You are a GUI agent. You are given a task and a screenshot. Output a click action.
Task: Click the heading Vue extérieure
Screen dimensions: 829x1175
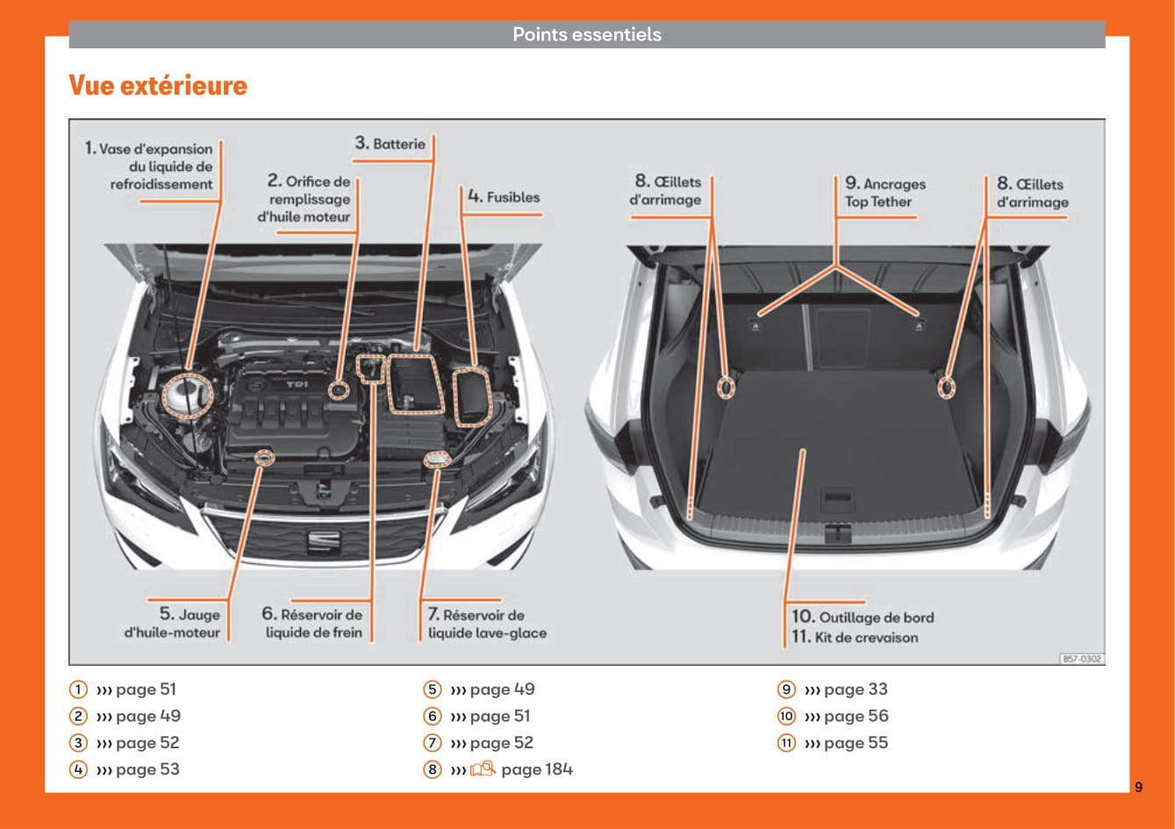(x=158, y=86)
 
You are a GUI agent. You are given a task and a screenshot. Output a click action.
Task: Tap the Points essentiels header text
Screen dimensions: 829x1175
(x=586, y=35)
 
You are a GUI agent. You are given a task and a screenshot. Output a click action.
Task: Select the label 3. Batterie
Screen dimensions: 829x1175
(x=390, y=144)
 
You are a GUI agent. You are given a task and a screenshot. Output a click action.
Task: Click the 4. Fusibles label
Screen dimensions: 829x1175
(x=504, y=197)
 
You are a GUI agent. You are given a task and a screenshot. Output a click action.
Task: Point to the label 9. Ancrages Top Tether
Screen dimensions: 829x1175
(x=885, y=193)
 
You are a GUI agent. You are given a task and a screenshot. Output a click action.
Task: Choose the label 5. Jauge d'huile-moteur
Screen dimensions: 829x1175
(x=174, y=624)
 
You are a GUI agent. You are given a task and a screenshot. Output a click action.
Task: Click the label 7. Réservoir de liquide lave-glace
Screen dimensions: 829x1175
(x=486, y=624)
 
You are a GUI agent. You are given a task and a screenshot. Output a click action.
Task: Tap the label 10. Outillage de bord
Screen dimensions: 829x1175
(x=863, y=617)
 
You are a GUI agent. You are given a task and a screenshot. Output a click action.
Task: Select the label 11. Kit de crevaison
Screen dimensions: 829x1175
(x=855, y=638)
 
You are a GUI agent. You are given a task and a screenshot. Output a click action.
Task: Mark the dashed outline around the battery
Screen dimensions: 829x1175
(x=416, y=383)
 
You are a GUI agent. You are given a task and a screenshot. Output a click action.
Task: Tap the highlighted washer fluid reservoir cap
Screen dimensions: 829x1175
(x=436, y=459)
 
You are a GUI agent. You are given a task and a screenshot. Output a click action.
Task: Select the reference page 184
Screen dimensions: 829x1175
(x=536, y=769)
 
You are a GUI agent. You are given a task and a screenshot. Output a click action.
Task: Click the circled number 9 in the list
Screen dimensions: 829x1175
(x=786, y=690)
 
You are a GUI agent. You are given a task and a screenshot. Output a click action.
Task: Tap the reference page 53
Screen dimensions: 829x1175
(x=147, y=769)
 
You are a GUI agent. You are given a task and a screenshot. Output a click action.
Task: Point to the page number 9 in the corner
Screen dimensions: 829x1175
(x=1138, y=787)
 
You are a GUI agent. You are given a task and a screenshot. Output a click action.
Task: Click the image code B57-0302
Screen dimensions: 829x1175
(x=1082, y=658)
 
